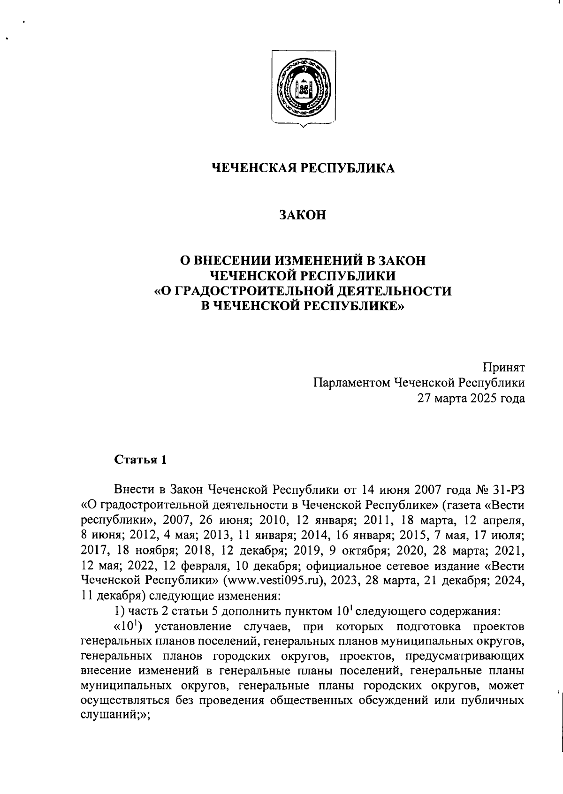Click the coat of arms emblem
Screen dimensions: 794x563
click(303, 87)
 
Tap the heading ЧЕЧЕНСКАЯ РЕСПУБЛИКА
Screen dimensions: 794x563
click(303, 168)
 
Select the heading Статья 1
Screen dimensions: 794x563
click(140, 460)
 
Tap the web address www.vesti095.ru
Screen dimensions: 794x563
click(275, 580)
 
